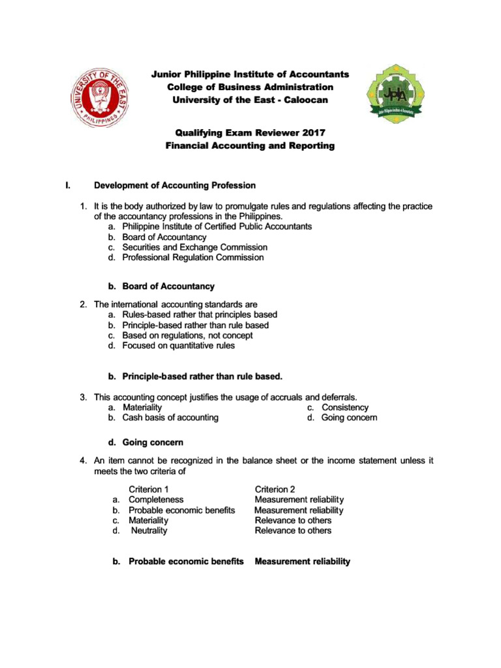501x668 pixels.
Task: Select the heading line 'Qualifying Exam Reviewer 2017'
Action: pos(250,132)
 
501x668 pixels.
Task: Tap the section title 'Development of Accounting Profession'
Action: pos(175,185)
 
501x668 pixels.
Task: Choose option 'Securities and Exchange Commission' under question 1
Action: pos(194,247)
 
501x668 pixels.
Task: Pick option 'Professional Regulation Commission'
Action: pos(193,258)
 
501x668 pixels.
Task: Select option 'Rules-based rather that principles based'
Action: pos(200,314)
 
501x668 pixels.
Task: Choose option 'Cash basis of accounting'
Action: pos(170,417)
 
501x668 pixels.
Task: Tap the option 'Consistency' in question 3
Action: pos(345,407)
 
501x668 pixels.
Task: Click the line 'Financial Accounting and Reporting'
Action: pos(250,146)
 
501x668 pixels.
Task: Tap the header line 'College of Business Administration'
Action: pos(250,87)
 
